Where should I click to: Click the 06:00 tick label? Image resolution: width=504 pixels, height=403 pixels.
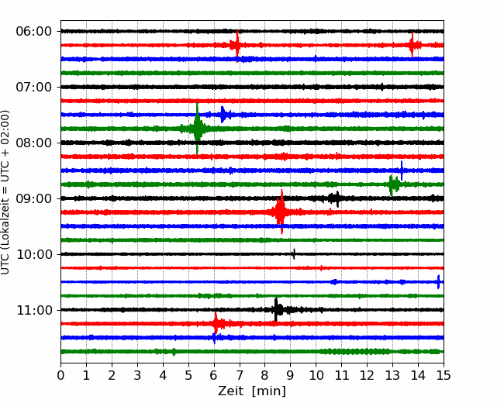[x=33, y=32]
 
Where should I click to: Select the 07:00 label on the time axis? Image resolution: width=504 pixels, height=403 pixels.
[x=33, y=87]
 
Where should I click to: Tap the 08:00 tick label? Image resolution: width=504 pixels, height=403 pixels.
[x=33, y=143]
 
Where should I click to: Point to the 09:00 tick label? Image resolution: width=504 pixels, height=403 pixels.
[x=33, y=198]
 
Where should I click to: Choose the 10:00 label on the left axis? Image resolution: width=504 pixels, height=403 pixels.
[x=33, y=254]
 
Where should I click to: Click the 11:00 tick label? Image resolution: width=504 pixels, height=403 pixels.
[x=33, y=310]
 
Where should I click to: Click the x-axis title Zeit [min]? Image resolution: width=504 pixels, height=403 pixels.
[x=252, y=391]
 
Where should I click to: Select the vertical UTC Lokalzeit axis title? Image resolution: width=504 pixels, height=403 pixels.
[x=5, y=192]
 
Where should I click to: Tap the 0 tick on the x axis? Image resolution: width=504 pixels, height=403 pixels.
[x=60, y=375]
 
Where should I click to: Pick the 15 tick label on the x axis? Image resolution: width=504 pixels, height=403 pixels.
[x=444, y=375]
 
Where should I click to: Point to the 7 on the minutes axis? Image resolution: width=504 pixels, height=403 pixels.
[x=240, y=375]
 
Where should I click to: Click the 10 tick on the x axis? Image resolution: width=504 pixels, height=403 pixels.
[x=316, y=375]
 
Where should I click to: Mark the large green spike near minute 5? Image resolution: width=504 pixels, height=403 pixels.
[x=197, y=129]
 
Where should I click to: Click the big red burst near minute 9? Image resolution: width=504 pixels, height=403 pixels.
[x=281, y=212]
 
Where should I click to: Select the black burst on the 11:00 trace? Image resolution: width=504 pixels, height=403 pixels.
[x=277, y=310]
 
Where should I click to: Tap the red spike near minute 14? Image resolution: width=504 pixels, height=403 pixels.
[x=412, y=45]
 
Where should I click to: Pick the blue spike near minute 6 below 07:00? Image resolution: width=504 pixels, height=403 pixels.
[x=223, y=115]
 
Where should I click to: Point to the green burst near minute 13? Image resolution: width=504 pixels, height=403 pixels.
[x=392, y=184]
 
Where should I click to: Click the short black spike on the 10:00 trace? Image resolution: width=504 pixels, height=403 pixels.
[x=294, y=254]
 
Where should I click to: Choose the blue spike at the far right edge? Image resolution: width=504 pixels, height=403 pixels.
[x=438, y=282]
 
